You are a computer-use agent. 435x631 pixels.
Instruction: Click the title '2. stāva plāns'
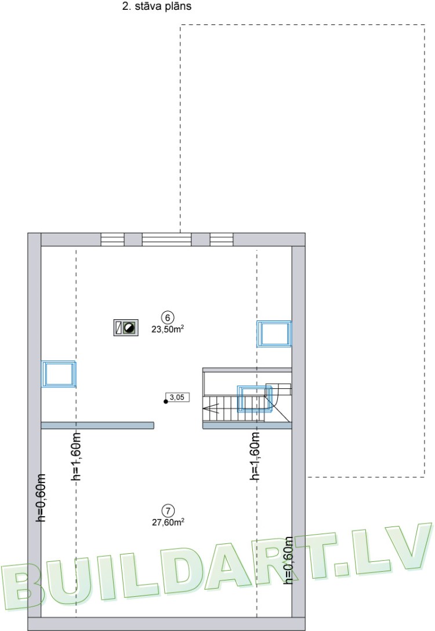click(157, 7)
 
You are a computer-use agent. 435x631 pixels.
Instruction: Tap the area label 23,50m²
click(168, 328)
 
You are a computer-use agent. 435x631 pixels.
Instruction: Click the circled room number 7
click(168, 511)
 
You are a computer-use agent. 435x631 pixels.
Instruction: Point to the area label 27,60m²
click(168, 522)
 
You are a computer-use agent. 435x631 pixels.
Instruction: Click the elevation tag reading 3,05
click(175, 398)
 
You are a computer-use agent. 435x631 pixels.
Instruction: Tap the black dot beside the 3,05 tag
click(166, 401)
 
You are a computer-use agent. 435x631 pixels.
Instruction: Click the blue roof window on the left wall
click(59, 374)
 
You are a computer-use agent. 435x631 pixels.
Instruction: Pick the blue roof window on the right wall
click(274, 333)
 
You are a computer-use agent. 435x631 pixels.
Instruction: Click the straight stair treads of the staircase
click(220, 408)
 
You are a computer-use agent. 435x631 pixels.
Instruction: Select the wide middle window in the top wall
click(166, 239)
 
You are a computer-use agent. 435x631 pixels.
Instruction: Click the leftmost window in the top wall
click(113, 239)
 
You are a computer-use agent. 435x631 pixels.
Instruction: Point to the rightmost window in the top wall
click(221, 239)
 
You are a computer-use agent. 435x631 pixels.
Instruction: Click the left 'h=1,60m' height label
click(75, 456)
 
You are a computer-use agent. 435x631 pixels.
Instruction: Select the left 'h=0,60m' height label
click(41, 497)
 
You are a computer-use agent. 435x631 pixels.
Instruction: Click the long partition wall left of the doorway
click(97, 426)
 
